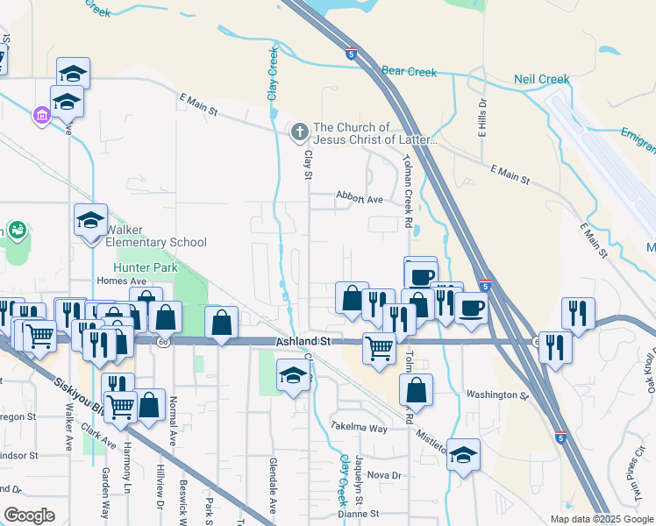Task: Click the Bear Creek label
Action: coord(410,71)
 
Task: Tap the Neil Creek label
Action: coord(541,80)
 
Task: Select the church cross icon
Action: coord(299,132)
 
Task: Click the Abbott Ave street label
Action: coord(360,199)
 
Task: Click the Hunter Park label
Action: coord(146,267)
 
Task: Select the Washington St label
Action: coord(497,395)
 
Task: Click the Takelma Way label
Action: coord(359,428)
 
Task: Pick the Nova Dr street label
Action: coord(384,474)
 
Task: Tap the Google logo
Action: coord(29,515)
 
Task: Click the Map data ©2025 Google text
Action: coord(601,519)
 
